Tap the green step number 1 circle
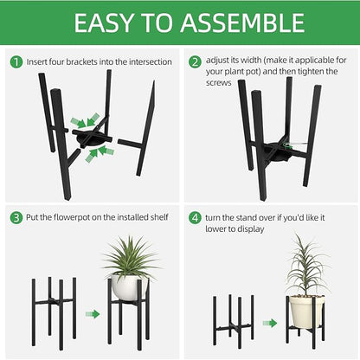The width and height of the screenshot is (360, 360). pos(16,62)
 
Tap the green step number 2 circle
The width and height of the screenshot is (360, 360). pos(195,62)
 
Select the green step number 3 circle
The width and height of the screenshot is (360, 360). pos(16,216)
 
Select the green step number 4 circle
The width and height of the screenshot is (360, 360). pos(195,216)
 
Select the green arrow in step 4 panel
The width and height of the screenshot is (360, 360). pos(270,323)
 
